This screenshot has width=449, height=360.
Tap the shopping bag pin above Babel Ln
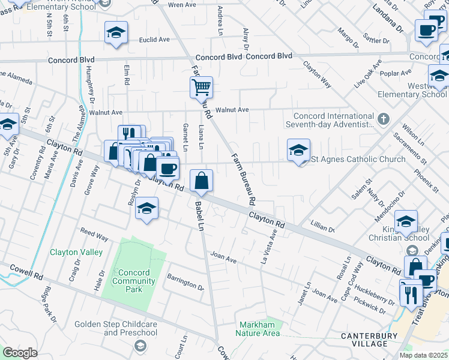(202, 181)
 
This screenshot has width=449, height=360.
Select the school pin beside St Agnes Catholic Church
(298, 151)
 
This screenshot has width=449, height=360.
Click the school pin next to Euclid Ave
(116, 33)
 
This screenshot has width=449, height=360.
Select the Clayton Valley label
(76, 252)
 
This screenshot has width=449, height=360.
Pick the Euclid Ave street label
(154, 40)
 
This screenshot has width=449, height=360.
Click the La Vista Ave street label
(268, 250)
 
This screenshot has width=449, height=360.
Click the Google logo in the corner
(20, 352)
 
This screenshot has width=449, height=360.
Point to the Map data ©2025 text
(424, 355)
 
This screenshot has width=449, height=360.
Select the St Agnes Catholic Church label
(357, 159)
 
